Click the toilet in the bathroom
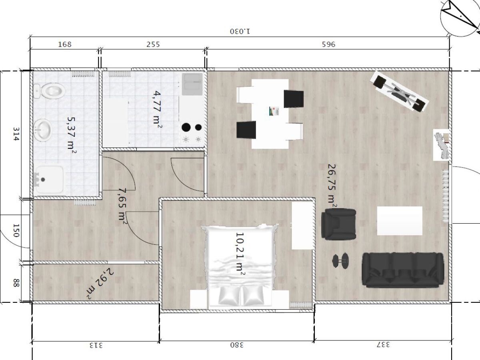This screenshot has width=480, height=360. click(x=50, y=91)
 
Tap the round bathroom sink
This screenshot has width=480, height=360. click(x=43, y=130)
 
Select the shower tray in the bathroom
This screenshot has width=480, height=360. click(x=49, y=180)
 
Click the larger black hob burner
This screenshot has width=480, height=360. click(x=186, y=128)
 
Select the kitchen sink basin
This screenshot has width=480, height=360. click(x=192, y=84)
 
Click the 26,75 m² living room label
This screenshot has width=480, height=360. click(x=332, y=186)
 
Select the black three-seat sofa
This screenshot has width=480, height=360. click(x=403, y=270)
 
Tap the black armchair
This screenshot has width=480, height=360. click(x=338, y=224)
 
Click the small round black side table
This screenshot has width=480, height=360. click(x=340, y=261)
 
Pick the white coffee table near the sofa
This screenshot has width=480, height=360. click(x=400, y=221)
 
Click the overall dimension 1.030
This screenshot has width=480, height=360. click(x=240, y=31)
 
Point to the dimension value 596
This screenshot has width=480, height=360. click(x=328, y=44)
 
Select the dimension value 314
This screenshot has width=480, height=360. click(x=16, y=134)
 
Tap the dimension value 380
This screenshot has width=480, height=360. click(x=237, y=345)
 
